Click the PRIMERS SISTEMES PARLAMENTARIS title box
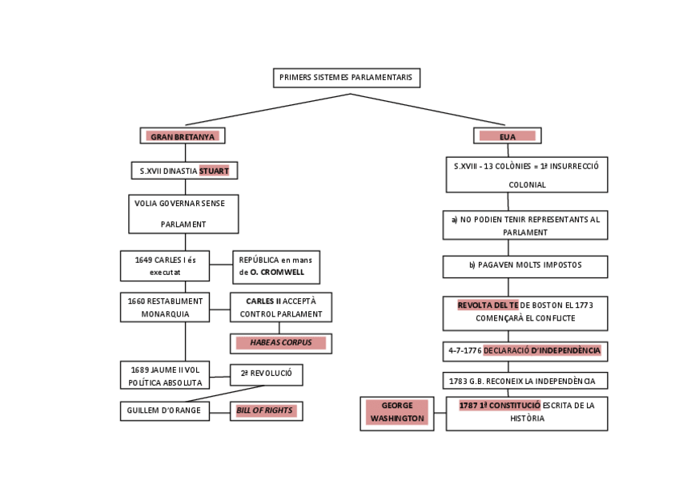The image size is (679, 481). [346, 78]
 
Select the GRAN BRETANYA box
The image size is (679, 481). [183, 136]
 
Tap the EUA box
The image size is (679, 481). [507, 136]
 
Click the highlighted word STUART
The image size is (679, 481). [214, 171]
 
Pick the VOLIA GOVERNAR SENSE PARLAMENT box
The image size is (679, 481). [183, 214]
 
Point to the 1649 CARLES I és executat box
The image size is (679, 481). [165, 266]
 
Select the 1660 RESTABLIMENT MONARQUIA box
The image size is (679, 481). [165, 307]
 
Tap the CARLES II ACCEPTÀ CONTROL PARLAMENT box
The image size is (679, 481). [280, 307]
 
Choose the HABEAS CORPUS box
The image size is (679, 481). [280, 343]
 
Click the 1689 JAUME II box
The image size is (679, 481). [165, 376]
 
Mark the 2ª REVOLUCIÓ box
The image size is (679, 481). [266, 374]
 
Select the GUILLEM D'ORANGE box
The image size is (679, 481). [165, 410]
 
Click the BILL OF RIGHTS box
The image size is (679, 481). [266, 410]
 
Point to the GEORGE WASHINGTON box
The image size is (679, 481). [397, 413]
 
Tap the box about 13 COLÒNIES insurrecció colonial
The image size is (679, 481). [526, 175]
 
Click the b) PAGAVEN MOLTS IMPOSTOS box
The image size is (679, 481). [525, 265]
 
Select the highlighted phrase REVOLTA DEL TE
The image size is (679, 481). [488, 305]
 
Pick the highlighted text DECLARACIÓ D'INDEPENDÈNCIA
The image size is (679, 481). [541, 350]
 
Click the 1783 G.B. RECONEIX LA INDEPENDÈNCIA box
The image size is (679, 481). [525, 381]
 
